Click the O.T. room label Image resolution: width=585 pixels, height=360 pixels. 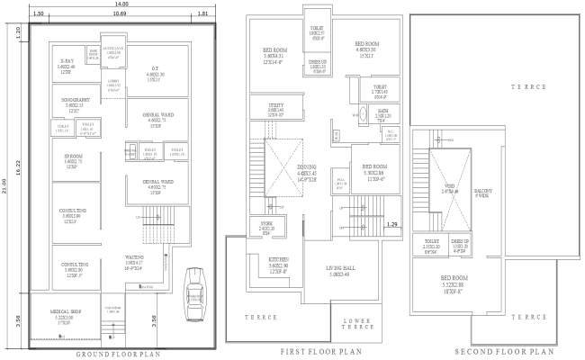coord(155,68)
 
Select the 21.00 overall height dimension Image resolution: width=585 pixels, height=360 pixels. coord(5,184)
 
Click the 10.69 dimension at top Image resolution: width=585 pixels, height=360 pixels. coord(119,15)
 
